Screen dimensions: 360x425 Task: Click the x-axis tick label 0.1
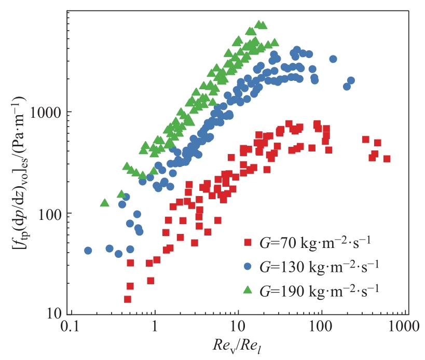pos(71,327)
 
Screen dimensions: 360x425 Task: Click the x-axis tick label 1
pos(155,327)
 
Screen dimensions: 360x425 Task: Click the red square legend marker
pos(248,242)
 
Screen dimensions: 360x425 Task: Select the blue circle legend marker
pos(248,266)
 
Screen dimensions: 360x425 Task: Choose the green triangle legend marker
pos(248,289)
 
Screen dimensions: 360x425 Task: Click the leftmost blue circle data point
pos(88,251)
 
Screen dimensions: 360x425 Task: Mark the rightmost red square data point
pos(387,159)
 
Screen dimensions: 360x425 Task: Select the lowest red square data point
pos(127,299)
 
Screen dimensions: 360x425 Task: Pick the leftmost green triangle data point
pos(104,203)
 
